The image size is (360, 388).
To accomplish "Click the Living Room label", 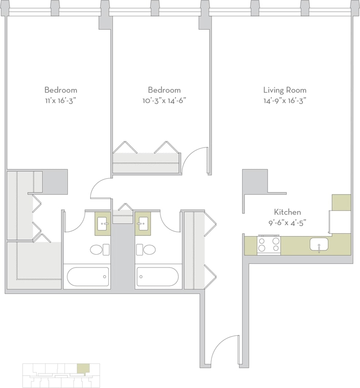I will [285, 90].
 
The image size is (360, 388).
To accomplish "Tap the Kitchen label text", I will [287, 212].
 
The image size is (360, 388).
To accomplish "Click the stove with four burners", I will [269, 244].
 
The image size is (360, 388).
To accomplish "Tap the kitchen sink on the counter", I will [319, 244].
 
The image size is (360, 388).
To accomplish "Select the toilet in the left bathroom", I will [97, 250].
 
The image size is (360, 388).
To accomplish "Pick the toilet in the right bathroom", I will [149, 250].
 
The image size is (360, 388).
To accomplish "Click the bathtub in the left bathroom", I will [87, 277].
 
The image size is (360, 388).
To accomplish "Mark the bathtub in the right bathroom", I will [157, 277].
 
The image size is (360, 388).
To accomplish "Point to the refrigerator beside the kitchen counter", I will [340, 222].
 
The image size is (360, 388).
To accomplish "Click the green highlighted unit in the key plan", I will [83, 368].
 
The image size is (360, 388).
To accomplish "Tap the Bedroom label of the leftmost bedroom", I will [61, 90].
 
